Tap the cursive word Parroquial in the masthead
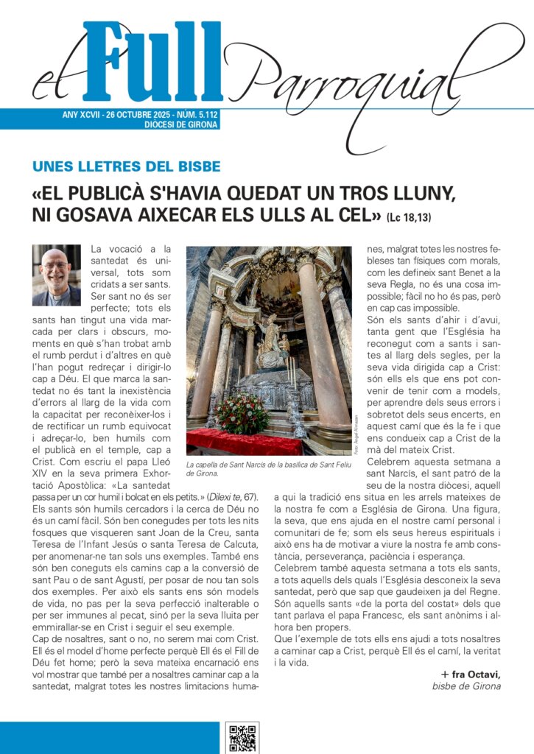(368, 77)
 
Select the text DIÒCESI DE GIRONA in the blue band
(181, 125)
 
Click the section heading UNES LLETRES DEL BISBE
(127, 166)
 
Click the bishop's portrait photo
(57, 275)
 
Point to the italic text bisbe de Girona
(466, 686)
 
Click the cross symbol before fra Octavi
(445, 674)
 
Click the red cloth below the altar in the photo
(243, 443)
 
